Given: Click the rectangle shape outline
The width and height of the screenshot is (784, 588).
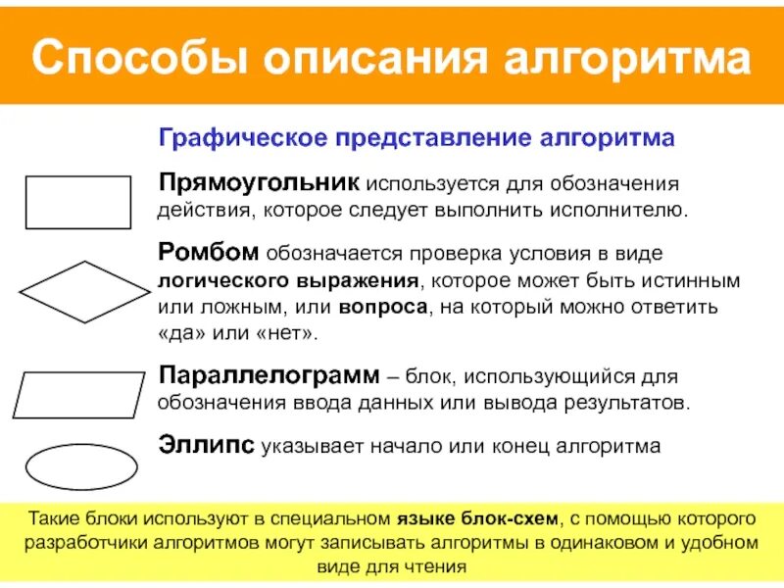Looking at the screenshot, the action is point(77,203).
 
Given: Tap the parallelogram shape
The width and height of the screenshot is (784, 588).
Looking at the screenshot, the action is point(78,395).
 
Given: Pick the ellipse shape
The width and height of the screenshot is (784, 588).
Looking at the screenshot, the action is point(81,466).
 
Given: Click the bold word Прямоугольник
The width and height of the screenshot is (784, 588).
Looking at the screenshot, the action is point(260,184).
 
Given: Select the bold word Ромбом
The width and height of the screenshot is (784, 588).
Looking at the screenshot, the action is point(208,254).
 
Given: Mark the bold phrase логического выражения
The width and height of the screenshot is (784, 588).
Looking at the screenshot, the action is point(290,281).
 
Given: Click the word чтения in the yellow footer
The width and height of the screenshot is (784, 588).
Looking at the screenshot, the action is point(439,566).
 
